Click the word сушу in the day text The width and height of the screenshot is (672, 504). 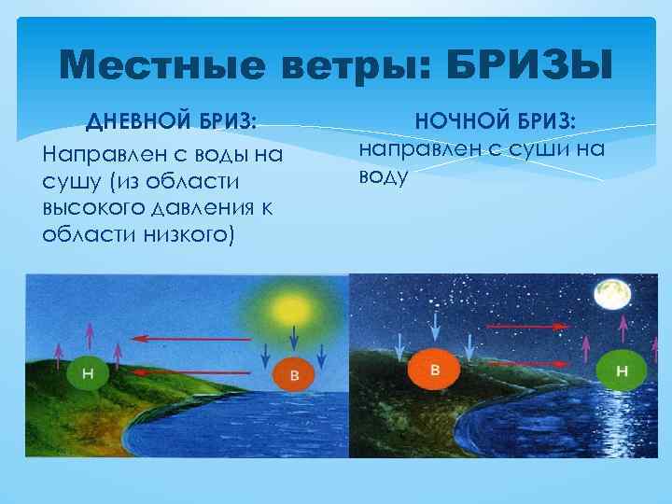coord(67,178)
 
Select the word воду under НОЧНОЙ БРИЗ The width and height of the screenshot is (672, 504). coord(383,175)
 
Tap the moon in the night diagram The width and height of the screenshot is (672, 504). coord(613,295)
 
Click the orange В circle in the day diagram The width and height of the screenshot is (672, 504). coord(293,376)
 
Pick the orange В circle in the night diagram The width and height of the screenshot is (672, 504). coord(434,370)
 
